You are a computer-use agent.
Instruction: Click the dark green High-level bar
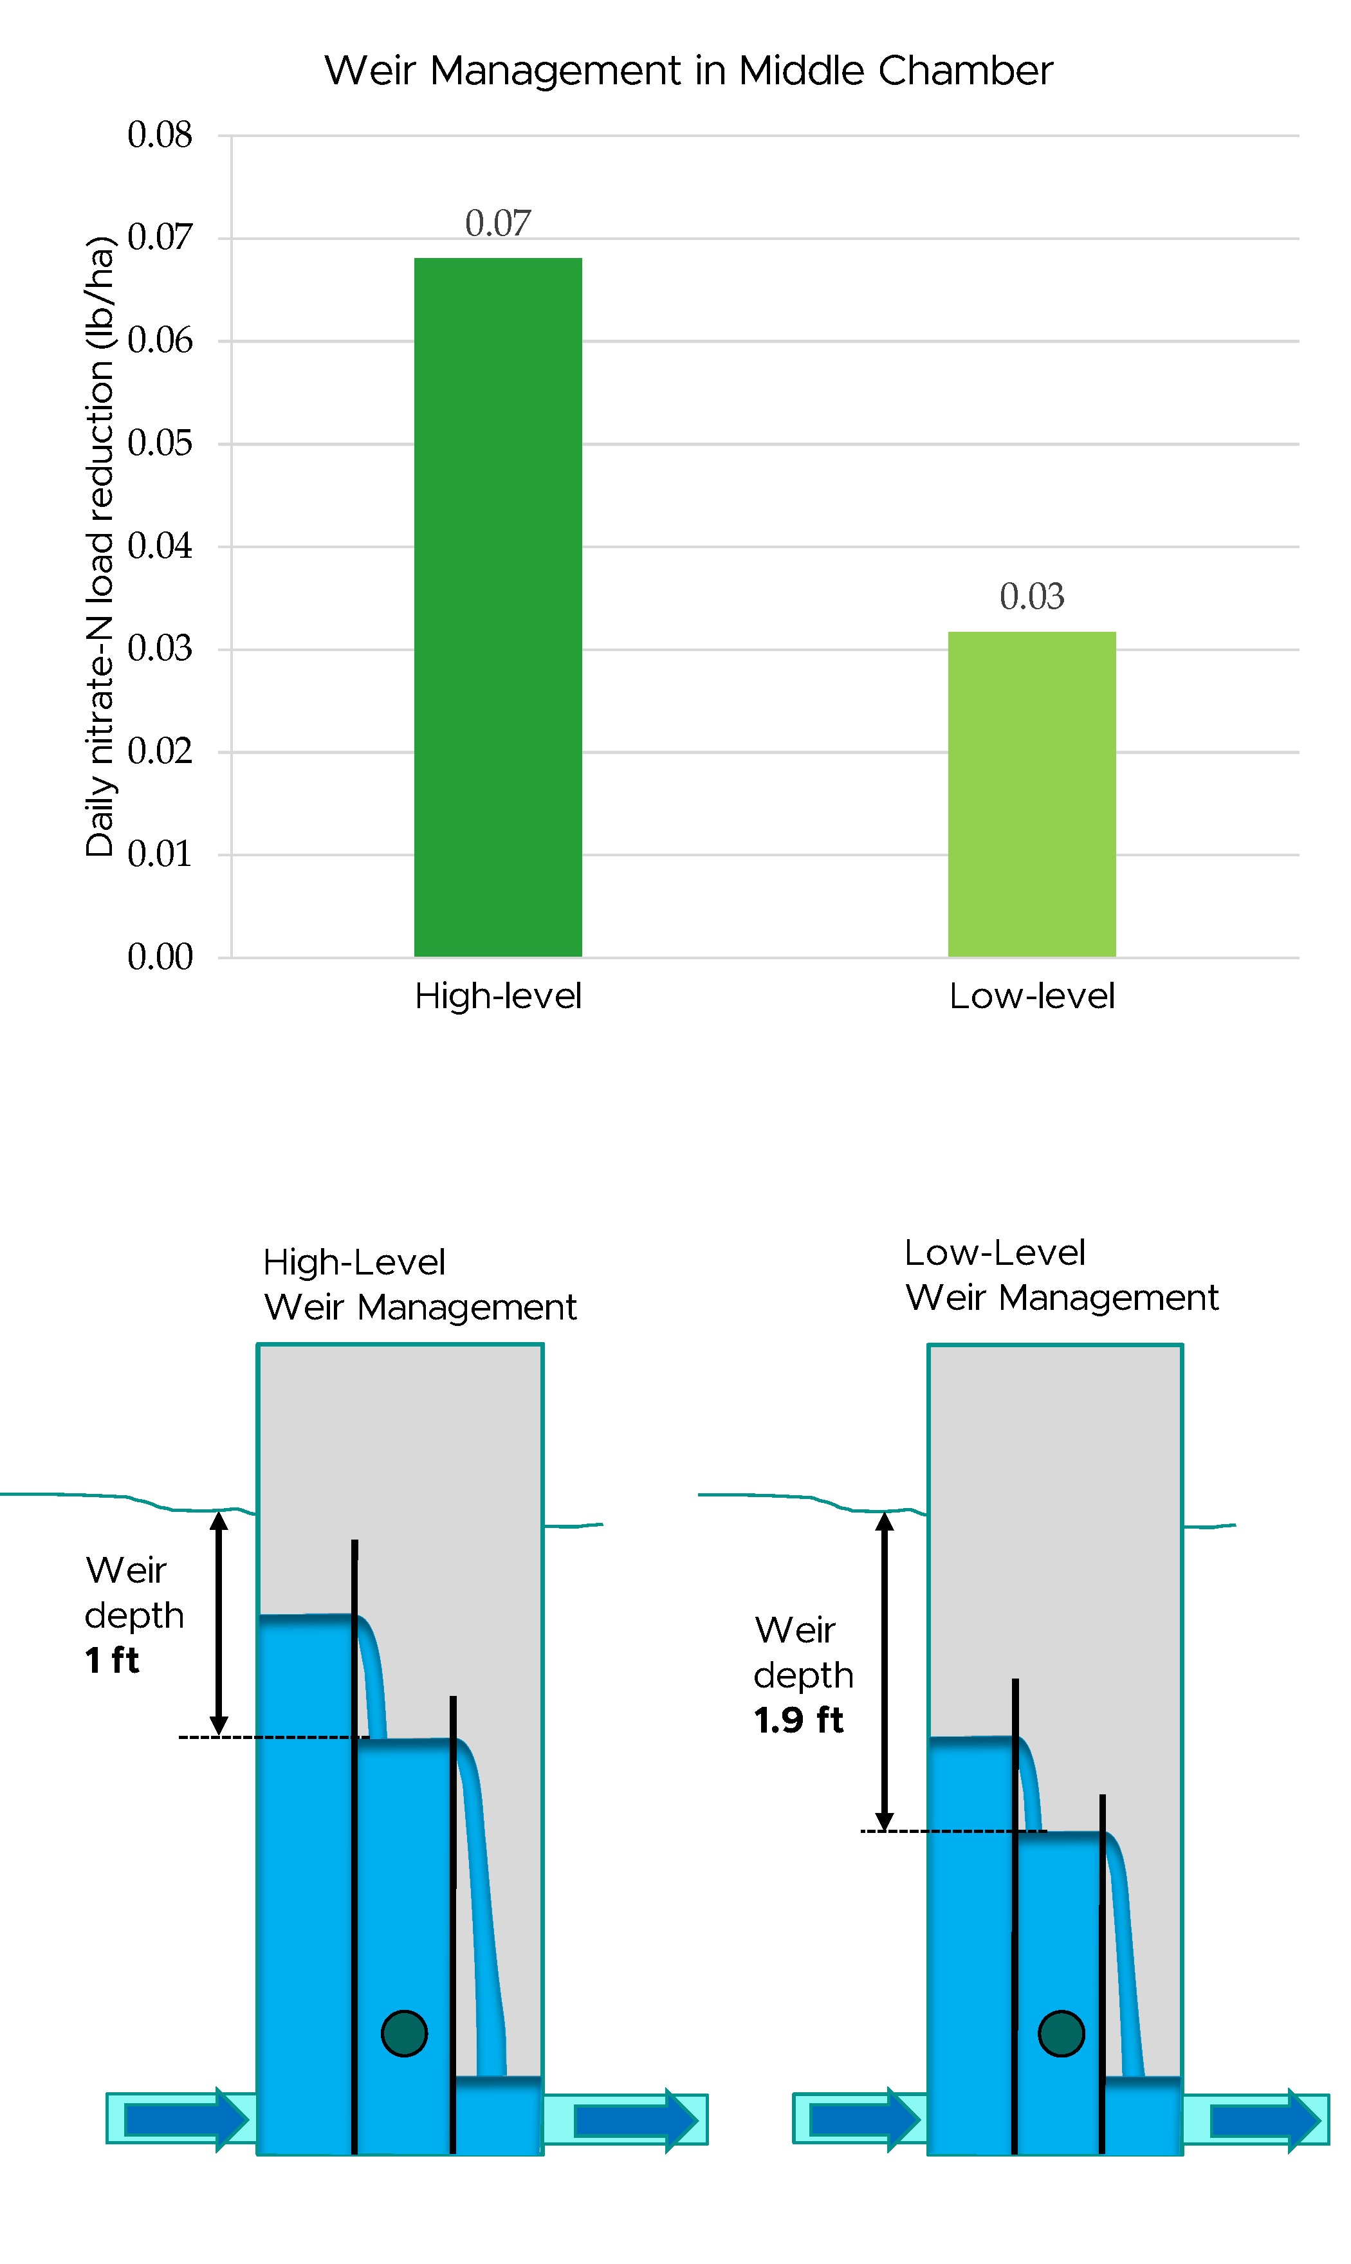(498, 607)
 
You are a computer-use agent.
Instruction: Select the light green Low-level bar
(1031, 794)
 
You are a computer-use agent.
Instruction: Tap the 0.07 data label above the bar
(498, 223)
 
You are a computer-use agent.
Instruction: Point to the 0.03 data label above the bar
(1031, 596)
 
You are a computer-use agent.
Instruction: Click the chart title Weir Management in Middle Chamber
(688, 71)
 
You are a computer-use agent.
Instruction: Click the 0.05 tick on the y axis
(160, 443)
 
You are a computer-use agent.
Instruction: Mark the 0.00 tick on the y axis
(160, 957)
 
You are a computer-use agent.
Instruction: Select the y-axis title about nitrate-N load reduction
(100, 546)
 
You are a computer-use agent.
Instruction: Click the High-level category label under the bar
(498, 996)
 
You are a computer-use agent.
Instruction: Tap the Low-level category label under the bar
(1031, 996)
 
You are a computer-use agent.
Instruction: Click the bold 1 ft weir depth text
(112, 1661)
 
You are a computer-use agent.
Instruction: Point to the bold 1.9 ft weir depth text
(798, 1720)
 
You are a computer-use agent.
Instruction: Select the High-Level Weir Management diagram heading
(419, 1285)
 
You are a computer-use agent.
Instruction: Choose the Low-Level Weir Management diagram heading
(1061, 1275)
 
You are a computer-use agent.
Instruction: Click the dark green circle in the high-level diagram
(404, 2034)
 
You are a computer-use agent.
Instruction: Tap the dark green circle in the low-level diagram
(1061, 2034)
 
